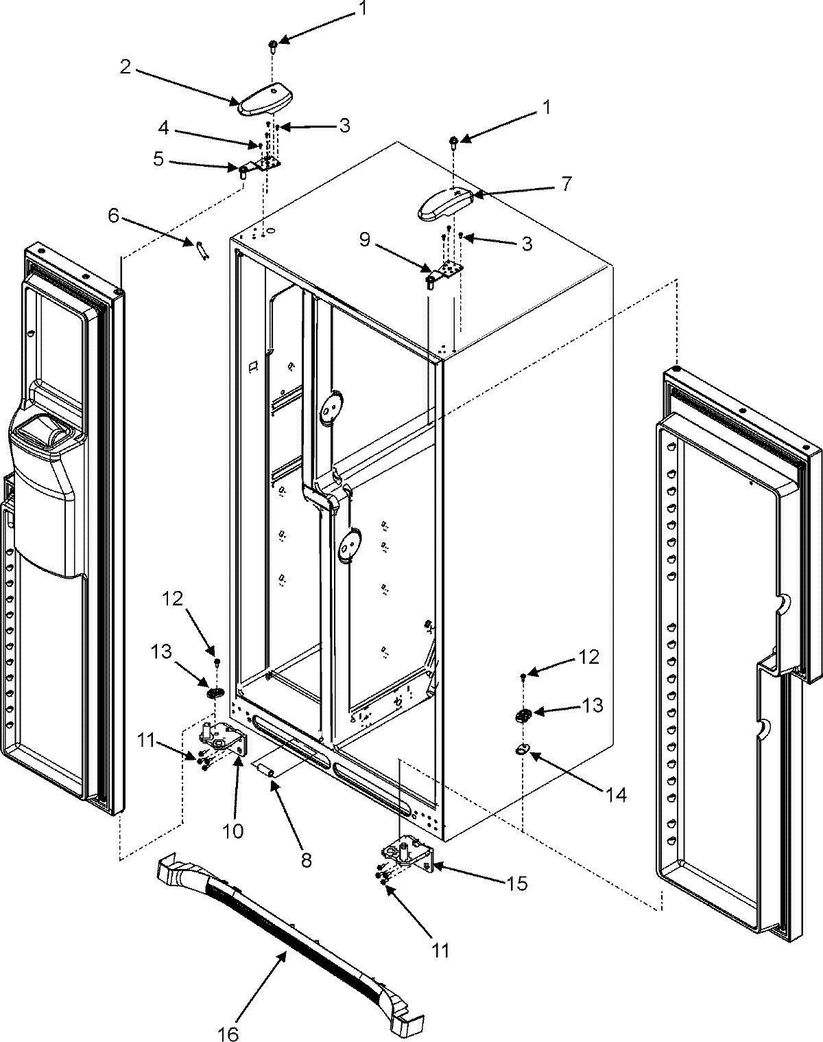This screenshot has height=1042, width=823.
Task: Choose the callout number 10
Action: pos(232,831)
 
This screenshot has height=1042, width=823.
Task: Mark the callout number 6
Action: pos(114,216)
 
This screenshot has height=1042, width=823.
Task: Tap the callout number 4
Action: pos(163,128)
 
